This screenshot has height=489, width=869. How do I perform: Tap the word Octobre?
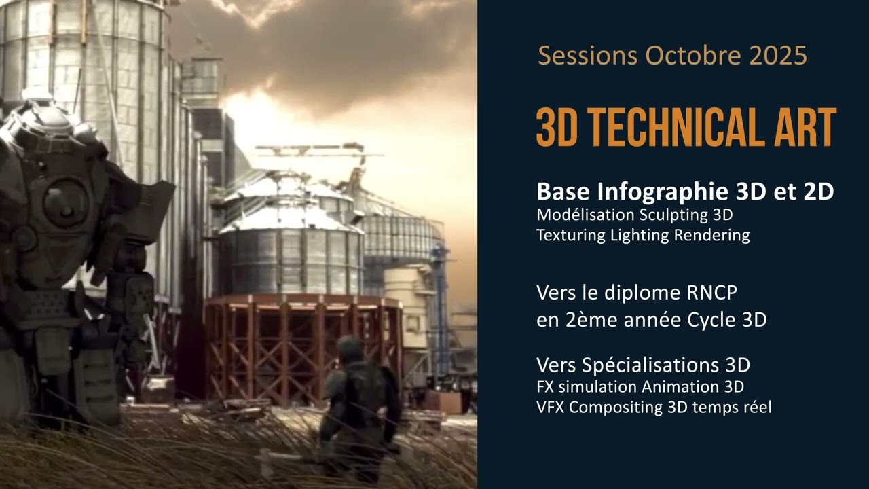694,55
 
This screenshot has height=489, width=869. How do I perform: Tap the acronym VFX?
551,407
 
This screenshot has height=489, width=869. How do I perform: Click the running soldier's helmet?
350,348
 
